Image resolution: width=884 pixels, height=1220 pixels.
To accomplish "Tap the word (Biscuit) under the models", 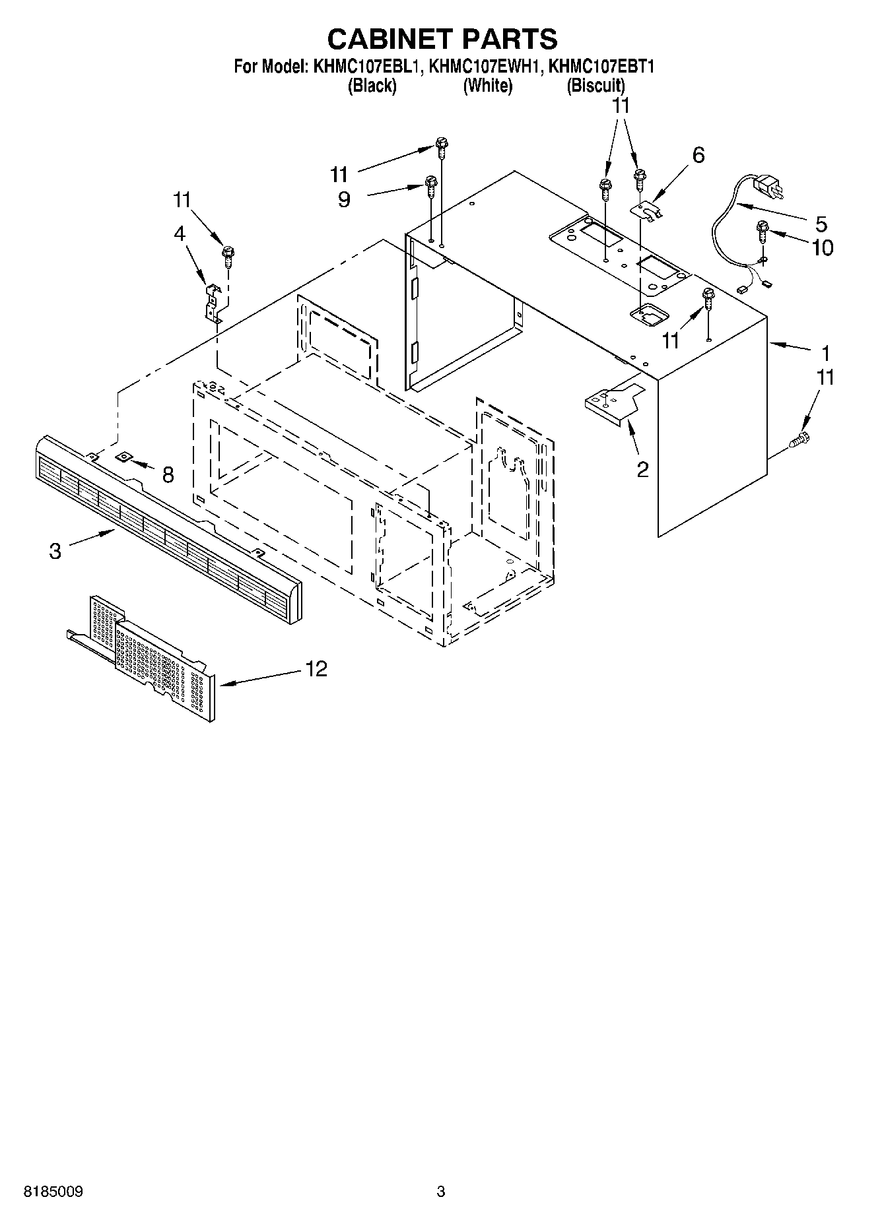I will [x=595, y=85].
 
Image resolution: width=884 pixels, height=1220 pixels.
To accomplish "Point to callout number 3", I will [x=55, y=550].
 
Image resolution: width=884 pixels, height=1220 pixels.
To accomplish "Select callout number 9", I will [x=344, y=199].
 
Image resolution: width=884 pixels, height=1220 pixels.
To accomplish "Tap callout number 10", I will [x=823, y=247].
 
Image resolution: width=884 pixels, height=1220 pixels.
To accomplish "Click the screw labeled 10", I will [x=764, y=230].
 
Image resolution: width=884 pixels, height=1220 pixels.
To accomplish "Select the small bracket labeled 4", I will [x=212, y=302].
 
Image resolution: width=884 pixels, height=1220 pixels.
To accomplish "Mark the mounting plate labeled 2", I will [x=614, y=402].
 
